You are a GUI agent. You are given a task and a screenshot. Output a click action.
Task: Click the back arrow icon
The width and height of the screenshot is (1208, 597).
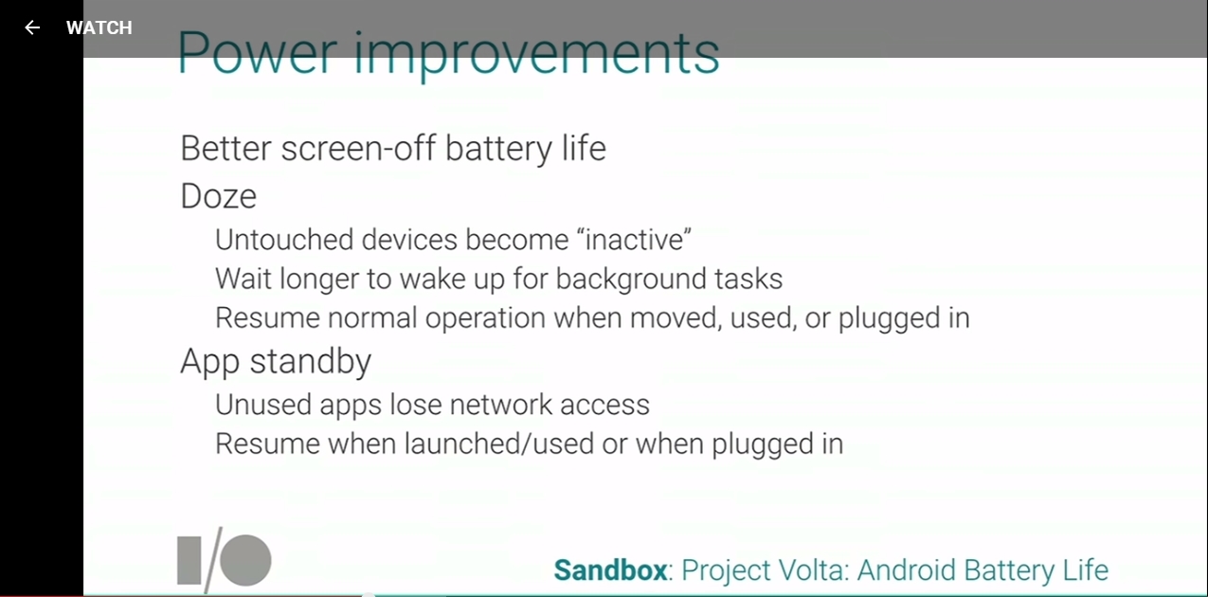click(32, 27)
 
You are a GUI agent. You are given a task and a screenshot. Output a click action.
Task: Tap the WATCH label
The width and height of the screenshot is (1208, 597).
click(99, 27)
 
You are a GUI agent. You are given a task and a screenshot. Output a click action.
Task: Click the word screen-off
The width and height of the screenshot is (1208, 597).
click(358, 149)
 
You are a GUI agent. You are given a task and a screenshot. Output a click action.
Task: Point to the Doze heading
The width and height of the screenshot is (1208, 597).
click(219, 196)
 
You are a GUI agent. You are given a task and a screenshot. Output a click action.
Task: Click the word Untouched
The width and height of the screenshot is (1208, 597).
click(284, 240)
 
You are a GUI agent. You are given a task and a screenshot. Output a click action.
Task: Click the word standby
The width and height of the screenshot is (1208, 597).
click(310, 362)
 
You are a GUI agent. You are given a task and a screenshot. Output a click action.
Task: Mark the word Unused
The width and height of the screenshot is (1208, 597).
click(263, 405)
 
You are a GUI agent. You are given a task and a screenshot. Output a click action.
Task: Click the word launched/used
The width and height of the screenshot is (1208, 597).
click(499, 443)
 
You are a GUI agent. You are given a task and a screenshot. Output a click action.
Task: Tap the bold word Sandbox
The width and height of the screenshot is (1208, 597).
click(610, 570)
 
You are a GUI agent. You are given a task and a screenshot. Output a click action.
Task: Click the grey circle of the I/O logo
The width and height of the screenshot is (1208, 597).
click(245, 560)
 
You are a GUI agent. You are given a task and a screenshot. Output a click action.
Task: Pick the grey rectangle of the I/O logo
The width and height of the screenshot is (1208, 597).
click(189, 560)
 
